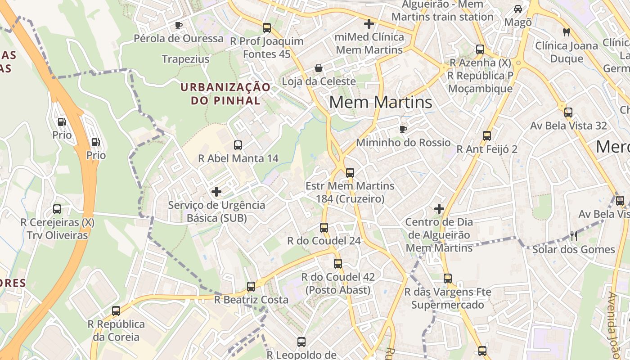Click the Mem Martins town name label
point(381,103)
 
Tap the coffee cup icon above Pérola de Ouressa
point(179,25)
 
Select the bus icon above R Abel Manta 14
point(238,145)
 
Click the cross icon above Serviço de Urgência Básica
point(216,192)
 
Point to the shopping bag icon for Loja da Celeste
point(319,68)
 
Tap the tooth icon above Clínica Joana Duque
point(567,32)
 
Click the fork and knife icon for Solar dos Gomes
point(573,236)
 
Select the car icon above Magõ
point(518,9)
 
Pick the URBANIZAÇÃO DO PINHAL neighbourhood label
point(226,94)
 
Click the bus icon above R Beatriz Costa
point(251,286)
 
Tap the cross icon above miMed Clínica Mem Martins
point(369,23)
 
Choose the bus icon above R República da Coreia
point(116,310)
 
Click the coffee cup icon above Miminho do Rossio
point(403,130)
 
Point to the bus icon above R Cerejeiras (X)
point(57,209)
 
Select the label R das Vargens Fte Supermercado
point(447,298)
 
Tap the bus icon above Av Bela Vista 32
point(568,112)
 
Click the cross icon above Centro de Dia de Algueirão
point(439,209)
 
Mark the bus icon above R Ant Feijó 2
point(487,135)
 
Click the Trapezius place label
point(185,59)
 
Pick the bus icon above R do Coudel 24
point(324,227)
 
